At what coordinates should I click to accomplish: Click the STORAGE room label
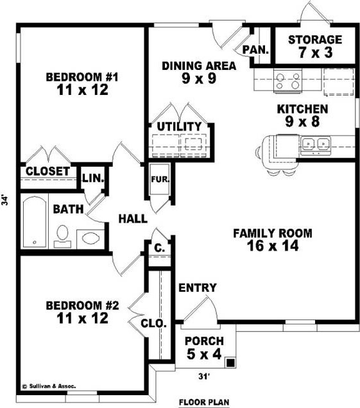click(315, 40)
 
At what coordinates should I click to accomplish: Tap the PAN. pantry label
click(255, 49)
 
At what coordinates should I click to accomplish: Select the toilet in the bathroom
click(62, 236)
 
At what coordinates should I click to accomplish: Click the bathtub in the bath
click(35, 222)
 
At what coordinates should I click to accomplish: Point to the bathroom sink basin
click(90, 237)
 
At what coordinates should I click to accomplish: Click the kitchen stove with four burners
click(287, 81)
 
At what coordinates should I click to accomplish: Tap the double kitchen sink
click(316, 144)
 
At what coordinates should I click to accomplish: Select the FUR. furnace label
click(160, 179)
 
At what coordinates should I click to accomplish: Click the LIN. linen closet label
click(93, 178)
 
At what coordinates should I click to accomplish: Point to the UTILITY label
click(179, 126)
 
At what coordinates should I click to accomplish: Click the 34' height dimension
click(4, 200)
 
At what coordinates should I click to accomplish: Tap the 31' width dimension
click(204, 377)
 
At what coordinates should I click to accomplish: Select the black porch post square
click(230, 362)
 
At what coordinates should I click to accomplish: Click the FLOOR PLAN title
click(204, 402)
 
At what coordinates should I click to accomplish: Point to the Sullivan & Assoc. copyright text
click(49, 386)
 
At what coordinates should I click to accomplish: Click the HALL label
click(133, 219)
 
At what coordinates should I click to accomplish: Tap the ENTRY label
click(198, 287)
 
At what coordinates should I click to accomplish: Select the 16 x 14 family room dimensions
click(273, 246)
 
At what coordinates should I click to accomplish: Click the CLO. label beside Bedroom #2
click(153, 323)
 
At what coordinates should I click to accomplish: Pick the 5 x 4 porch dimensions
click(204, 353)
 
